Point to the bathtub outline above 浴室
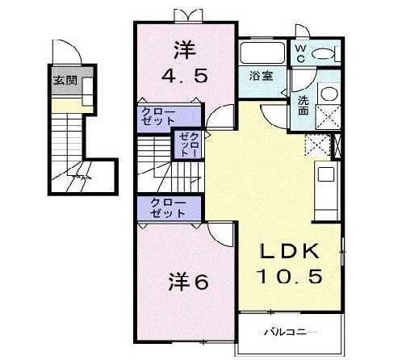point(262,53)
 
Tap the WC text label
point(299,53)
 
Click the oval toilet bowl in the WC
point(325,54)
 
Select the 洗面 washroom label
point(303,105)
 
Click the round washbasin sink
point(329,93)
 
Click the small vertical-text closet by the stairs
point(190,144)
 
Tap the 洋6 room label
point(189,283)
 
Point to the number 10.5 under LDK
point(290,276)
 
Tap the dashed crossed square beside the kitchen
point(316,144)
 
